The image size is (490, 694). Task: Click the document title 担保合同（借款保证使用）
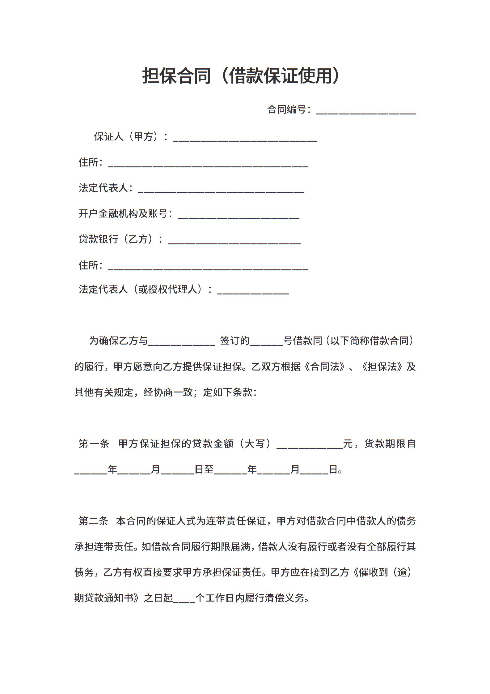tap(241, 76)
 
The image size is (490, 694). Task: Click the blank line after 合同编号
tap(366, 111)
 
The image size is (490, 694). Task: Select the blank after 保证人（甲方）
tap(245, 138)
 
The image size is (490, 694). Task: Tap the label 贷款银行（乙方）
tap(120, 239)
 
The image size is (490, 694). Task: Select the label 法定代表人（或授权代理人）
tap(145, 290)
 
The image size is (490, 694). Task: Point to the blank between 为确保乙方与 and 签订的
tap(181, 342)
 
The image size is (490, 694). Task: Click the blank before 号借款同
tap(266, 342)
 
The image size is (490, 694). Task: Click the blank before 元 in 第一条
tap(310, 445)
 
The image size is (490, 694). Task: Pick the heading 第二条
tap(93, 521)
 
